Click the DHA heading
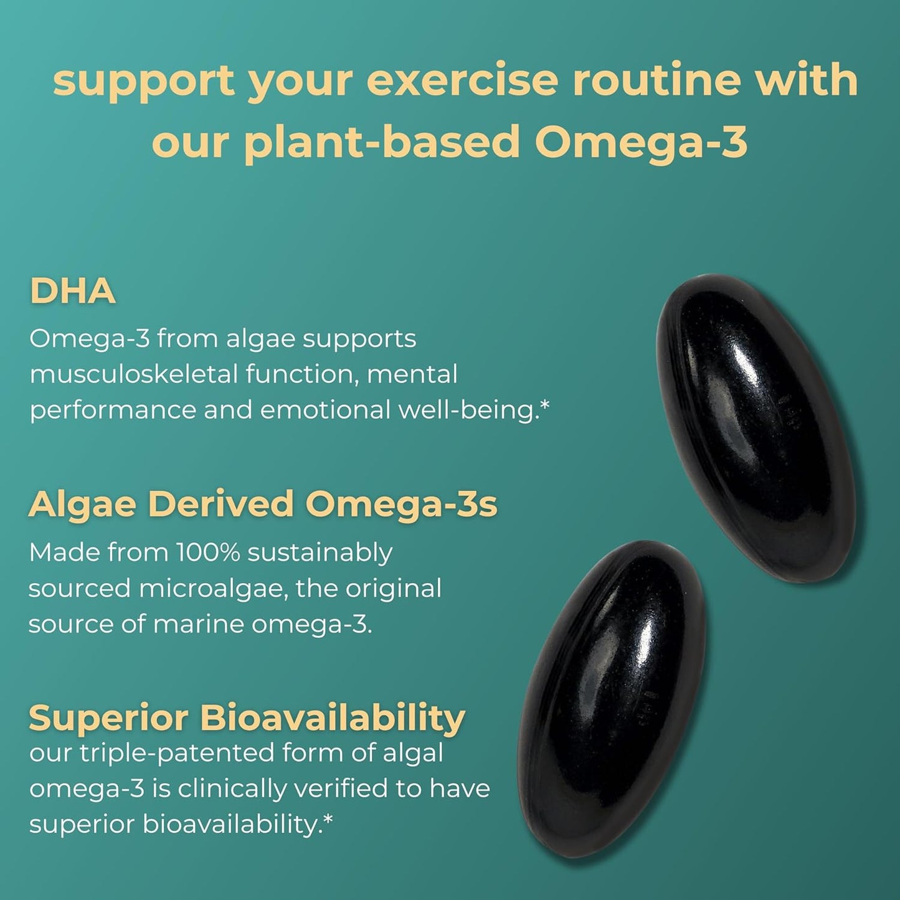tap(72, 291)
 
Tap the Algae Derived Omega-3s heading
tap(262, 504)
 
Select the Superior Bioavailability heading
tap(247, 718)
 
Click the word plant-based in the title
tap(382, 142)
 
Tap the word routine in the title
tap(656, 81)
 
